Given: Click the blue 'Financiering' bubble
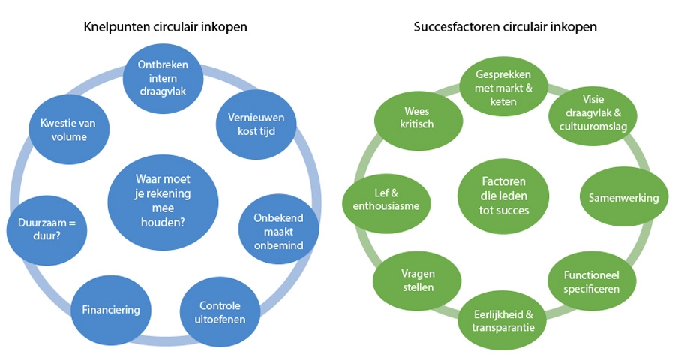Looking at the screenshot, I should point(111,308).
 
